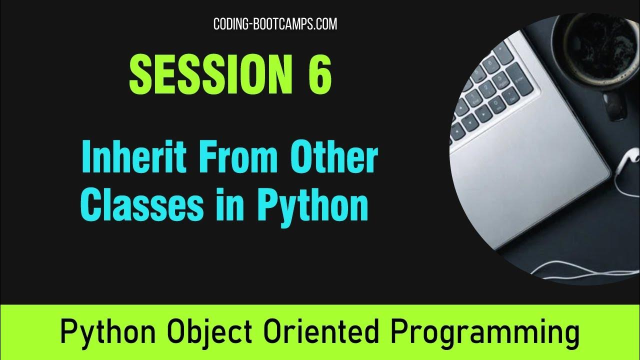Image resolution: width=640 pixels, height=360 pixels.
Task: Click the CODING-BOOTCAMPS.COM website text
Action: [275, 23]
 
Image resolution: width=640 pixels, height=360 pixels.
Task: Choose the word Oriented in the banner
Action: [332, 332]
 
